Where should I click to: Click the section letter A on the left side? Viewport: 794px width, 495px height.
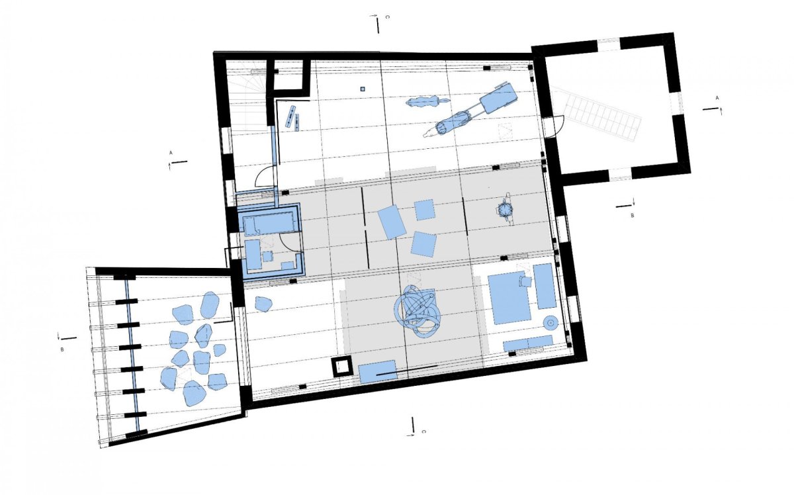coord(171,153)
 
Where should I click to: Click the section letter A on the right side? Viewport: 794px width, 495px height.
coord(717,97)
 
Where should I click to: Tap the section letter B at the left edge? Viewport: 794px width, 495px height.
coord(62,349)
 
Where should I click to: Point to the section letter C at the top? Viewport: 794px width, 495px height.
coord(388,17)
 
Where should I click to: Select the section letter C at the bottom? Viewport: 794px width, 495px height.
coord(424,431)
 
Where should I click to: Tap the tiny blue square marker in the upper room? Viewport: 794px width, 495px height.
coord(363,89)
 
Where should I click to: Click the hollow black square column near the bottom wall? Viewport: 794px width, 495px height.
coord(342,367)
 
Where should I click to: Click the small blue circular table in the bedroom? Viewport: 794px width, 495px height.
coord(551,323)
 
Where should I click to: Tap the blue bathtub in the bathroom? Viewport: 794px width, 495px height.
coord(269,224)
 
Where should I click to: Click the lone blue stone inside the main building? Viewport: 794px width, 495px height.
coord(263,304)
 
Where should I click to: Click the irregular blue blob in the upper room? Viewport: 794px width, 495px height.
coord(425,102)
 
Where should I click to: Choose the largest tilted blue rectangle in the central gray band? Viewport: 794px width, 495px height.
coord(392,222)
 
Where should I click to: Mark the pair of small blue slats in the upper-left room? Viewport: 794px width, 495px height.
coord(292,118)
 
